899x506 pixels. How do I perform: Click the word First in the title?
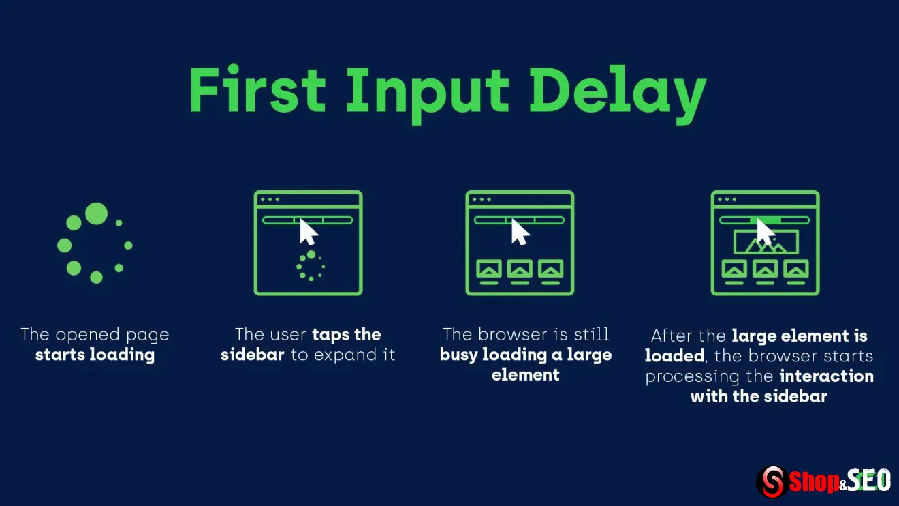pyautogui.click(x=257, y=89)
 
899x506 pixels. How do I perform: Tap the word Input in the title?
pyautogui.click(x=427, y=95)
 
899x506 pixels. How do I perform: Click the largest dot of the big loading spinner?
pyautogui.click(x=96, y=214)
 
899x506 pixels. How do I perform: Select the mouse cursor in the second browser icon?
pyautogui.click(x=309, y=232)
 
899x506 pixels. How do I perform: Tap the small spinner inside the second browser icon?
pyautogui.click(x=311, y=266)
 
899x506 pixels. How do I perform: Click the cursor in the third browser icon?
pyautogui.click(x=520, y=232)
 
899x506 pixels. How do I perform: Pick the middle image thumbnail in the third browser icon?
pyautogui.click(x=520, y=269)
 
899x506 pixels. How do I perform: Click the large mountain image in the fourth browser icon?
pyautogui.click(x=766, y=242)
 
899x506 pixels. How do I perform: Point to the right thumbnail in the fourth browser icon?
pyautogui.click(x=796, y=269)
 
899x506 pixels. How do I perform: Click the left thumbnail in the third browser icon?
pyautogui.click(x=489, y=269)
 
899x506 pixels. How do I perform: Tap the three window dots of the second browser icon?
pyautogui.click(x=270, y=199)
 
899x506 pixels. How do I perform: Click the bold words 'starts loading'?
pyautogui.click(x=95, y=355)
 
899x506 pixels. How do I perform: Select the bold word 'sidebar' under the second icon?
pyautogui.click(x=253, y=355)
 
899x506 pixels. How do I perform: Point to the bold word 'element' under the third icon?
pyautogui.click(x=525, y=375)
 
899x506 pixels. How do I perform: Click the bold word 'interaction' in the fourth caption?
pyautogui.click(x=827, y=376)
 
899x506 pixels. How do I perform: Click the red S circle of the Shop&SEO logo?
pyautogui.click(x=772, y=481)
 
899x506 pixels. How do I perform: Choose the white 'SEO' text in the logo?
pyautogui.click(x=869, y=480)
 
